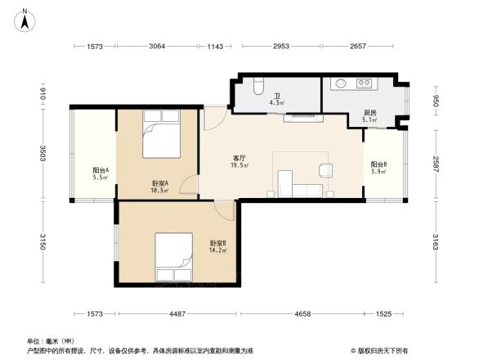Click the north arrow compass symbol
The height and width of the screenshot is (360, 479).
[25, 18]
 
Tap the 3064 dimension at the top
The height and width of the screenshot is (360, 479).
[158, 47]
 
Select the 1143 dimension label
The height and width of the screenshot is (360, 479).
[215, 47]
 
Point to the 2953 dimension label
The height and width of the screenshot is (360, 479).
[282, 47]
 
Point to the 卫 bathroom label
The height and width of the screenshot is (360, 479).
[277, 96]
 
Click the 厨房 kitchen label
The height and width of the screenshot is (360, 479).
[369, 114]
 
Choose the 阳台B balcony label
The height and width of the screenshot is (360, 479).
[378, 164]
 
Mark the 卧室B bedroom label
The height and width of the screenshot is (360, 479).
[217, 243]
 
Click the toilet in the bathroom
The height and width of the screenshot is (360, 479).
[258, 85]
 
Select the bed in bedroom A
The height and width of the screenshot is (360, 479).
[161, 135]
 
